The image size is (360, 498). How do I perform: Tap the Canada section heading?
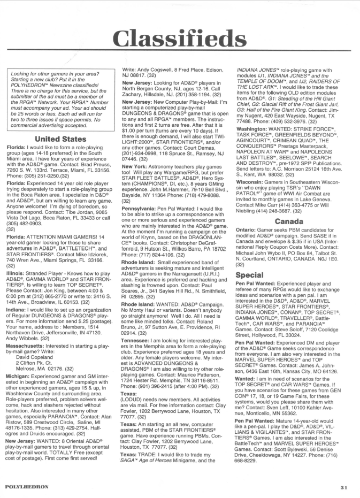pyautogui.click(x=289, y=221)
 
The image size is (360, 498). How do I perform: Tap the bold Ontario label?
pyautogui.click(x=248, y=231)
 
